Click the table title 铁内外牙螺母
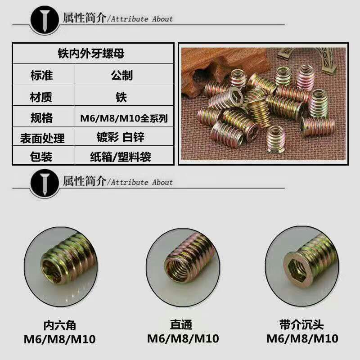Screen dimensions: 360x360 (x=91, y=54)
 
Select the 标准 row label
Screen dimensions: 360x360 (x=42, y=75)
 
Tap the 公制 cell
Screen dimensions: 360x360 (x=122, y=75)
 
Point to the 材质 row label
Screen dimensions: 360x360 (x=41, y=97)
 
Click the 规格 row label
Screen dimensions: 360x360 (x=41, y=118)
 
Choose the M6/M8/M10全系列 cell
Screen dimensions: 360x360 (x=124, y=118)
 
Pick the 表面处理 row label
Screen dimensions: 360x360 (x=42, y=138)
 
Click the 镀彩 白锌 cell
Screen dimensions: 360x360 (x=121, y=137)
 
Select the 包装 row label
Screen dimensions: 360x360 (x=41, y=157)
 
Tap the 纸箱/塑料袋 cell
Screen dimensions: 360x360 (x=121, y=157)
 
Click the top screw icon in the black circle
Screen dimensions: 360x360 (x=45, y=20)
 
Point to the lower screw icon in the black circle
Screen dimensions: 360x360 (x=45, y=184)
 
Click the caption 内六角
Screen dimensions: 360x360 (x=60, y=325)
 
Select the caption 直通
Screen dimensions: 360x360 (x=181, y=324)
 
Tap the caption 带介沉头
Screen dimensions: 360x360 (x=301, y=324)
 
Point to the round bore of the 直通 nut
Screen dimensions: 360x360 (x=177, y=269)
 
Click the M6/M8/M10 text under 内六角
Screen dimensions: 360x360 (x=60, y=339)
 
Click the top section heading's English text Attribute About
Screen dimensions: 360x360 (x=142, y=19)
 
